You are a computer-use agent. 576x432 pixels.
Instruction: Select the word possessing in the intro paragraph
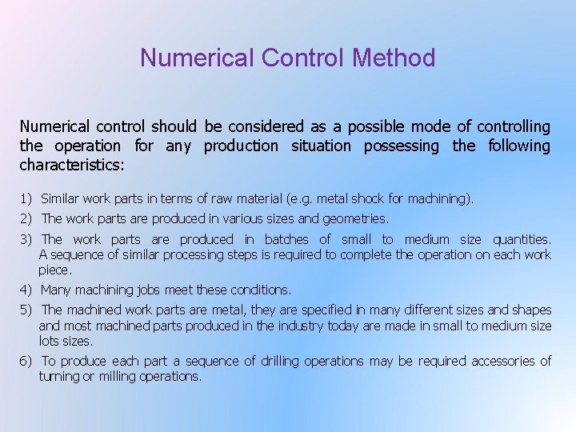tap(402, 146)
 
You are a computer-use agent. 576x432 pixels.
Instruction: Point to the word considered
tap(265, 126)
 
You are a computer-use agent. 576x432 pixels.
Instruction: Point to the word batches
tap(286, 239)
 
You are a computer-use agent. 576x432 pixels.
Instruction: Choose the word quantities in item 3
tap(522, 239)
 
